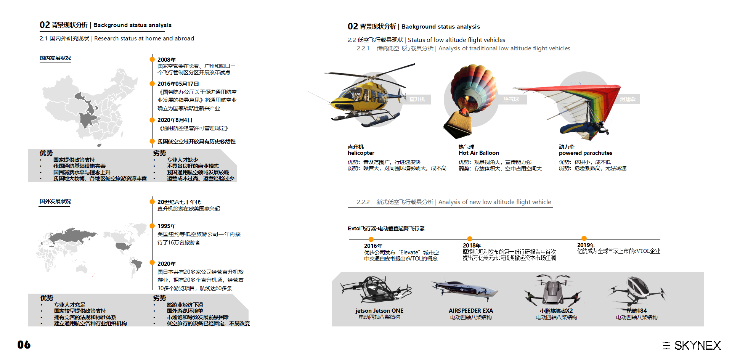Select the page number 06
(x=24, y=345)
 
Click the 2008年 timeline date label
(x=167, y=59)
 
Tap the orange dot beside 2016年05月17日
(x=152, y=84)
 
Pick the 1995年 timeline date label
(x=167, y=226)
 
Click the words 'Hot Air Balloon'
(x=478, y=153)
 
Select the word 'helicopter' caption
(x=361, y=153)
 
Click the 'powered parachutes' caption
(x=585, y=153)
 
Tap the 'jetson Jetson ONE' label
(x=379, y=311)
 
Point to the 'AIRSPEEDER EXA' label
(x=470, y=311)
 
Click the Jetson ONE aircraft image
(x=376, y=290)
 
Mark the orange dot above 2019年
(x=584, y=238)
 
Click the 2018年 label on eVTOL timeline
(x=472, y=246)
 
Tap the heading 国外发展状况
(x=55, y=201)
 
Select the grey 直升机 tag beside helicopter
(x=417, y=99)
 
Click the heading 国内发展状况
(x=55, y=58)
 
